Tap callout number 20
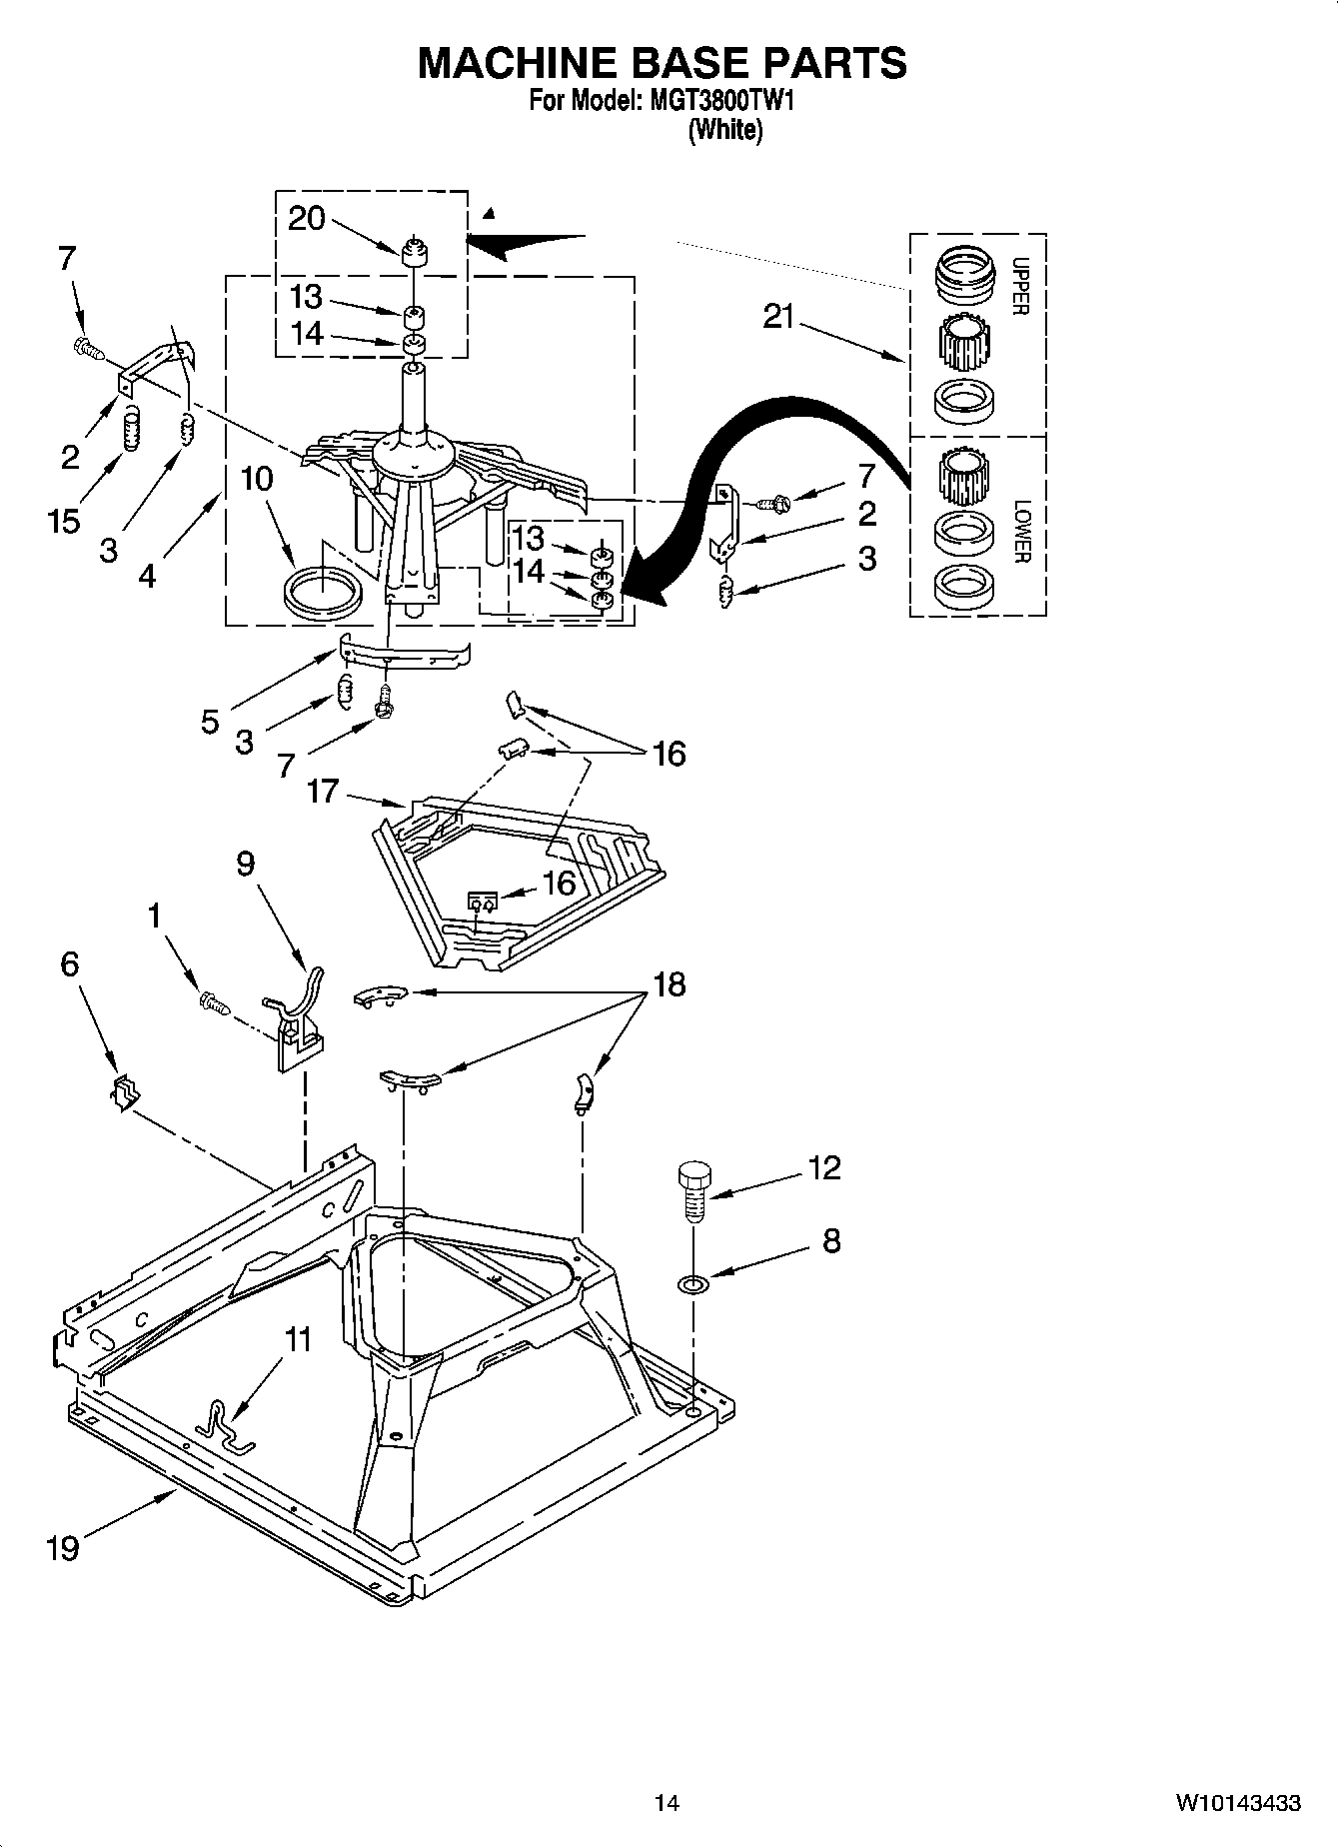[307, 218]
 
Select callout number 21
[778, 317]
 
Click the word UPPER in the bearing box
[1020, 287]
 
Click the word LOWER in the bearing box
[1020, 531]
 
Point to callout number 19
[62, 1548]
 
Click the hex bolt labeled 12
[693, 1188]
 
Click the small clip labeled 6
[123, 1092]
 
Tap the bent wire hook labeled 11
[226, 1424]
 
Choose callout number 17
[322, 793]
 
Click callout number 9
[246, 863]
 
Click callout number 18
[669, 984]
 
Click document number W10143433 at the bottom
[1237, 1802]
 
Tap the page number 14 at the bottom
[667, 1802]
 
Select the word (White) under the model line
[724, 130]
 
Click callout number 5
[210, 722]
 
